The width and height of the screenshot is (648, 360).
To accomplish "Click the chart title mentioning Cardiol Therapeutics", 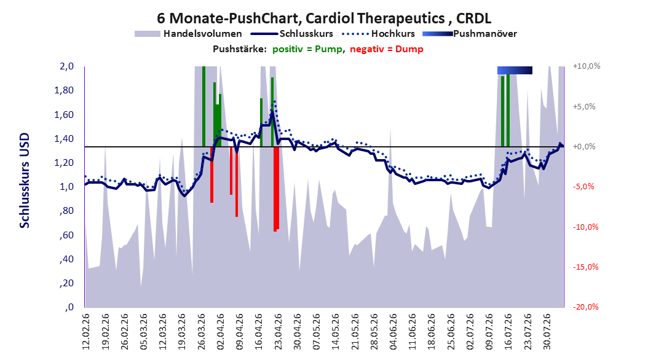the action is pyautogui.click(x=324, y=18).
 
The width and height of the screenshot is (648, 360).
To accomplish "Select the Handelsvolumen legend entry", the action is pyautogui.click(x=188, y=34).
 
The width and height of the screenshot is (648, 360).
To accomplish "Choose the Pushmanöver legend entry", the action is pyautogui.click(x=470, y=34).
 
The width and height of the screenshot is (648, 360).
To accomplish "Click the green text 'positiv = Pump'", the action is pyautogui.click(x=307, y=49).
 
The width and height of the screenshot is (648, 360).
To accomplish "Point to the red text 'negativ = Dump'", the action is pyautogui.click(x=387, y=49).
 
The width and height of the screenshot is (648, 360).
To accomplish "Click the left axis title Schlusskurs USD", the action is pyautogui.click(x=25, y=180).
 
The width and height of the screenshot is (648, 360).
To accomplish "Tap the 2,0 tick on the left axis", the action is pyautogui.click(x=66, y=66).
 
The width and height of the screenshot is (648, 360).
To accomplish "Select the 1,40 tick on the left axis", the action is pyautogui.click(x=64, y=138).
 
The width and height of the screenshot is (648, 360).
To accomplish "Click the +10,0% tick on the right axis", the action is pyautogui.click(x=587, y=66).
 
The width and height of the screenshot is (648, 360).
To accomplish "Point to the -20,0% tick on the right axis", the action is pyautogui.click(x=585, y=307).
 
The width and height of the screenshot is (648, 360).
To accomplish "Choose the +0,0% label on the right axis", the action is pyautogui.click(x=584, y=147).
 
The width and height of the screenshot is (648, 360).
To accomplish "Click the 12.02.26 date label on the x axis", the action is pyautogui.click(x=86, y=332).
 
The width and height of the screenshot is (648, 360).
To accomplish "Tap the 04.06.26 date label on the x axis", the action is pyautogui.click(x=393, y=332).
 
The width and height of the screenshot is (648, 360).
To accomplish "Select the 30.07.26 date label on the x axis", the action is pyautogui.click(x=547, y=332).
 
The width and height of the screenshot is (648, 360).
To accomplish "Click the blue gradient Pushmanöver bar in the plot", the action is pyautogui.click(x=515, y=70).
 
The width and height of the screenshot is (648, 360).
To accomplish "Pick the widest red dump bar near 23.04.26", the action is pyautogui.click(x=276, y=189).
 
